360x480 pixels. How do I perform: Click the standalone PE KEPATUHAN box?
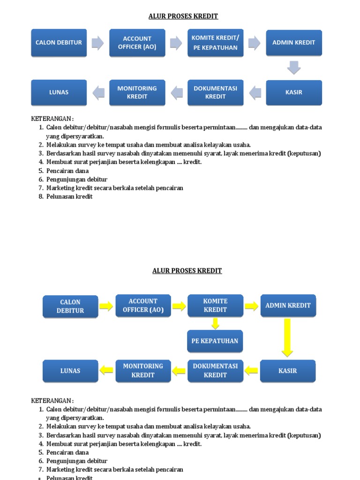pos(215,341)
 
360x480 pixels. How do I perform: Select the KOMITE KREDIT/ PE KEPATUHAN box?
pos(215,43)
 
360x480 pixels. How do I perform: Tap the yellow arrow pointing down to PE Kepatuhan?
pos(215,323)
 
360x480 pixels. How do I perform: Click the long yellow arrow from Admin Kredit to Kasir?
pos(287,337)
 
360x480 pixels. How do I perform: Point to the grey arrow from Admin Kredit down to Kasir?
pos(294,67)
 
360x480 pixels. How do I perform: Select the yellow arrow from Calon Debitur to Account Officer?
pos(106,307)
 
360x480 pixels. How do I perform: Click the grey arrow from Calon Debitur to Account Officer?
pos(97,43)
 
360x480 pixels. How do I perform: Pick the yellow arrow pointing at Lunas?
pos(107,370)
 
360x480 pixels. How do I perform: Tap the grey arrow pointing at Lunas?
pos(98,93)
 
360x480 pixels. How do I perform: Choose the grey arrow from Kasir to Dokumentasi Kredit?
pos(255,93)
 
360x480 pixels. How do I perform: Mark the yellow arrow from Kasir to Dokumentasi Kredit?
pos(252,370)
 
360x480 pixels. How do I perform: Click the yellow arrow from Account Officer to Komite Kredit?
pos(179,307)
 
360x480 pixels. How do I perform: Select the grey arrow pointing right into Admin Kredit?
pos(254,43)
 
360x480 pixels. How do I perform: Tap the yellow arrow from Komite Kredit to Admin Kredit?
pos(252,307)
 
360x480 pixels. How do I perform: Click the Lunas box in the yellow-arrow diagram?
pos(70,371)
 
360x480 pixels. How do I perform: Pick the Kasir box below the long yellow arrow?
pos(288,371)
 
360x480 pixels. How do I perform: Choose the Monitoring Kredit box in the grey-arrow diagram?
pos(137,92)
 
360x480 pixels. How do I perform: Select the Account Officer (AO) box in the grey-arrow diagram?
pos(137,43)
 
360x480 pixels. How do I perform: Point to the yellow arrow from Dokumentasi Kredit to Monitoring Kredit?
pos(179,371)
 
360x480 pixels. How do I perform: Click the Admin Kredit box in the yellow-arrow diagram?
pos(288,306)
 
